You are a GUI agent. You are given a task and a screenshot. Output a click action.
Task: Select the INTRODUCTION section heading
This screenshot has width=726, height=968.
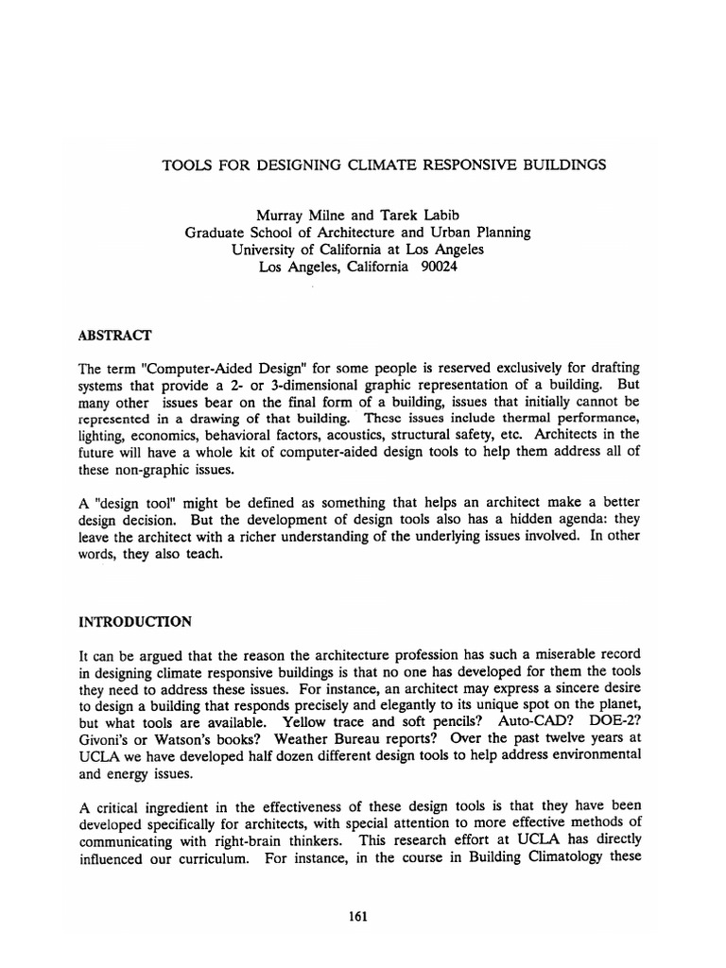click(135, 622)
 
